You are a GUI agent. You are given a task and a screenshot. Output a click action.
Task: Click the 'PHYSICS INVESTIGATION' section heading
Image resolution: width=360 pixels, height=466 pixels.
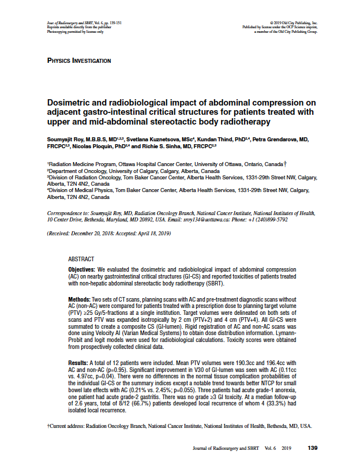(x=79, y=61)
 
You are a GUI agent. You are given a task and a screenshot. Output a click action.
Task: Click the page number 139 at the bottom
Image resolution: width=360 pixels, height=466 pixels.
(x=313, y=448)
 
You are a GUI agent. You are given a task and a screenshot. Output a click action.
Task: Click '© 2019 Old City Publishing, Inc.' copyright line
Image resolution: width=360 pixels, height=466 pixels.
(x=294, y=22)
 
